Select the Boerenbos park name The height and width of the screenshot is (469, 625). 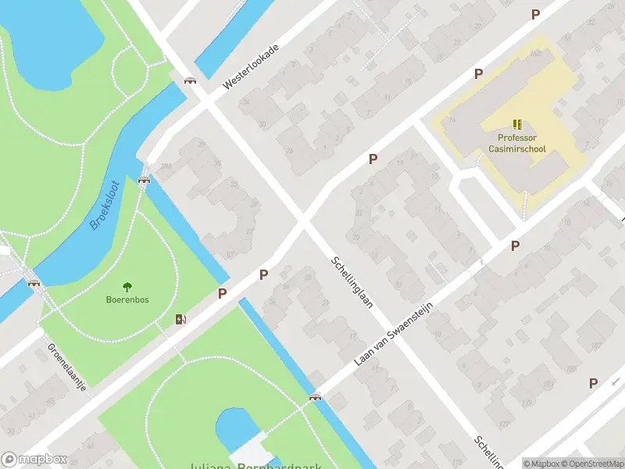point(127,299)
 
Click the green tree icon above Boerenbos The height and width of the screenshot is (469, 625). point(127,287)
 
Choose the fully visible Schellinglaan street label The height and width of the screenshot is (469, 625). point(351,282)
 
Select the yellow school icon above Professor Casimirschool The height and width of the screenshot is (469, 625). point(516,124)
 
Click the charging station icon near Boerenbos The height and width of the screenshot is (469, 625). point(181,319)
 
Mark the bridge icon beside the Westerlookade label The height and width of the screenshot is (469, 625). point(189,80)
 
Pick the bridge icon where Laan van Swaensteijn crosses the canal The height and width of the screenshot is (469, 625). point(316,397)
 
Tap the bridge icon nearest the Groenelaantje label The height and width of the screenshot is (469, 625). point(34,283)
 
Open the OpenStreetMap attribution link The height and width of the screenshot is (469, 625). point(592,463)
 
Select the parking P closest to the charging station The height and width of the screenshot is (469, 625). point(223,293)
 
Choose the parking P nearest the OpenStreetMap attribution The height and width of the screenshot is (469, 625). point(593,383)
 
